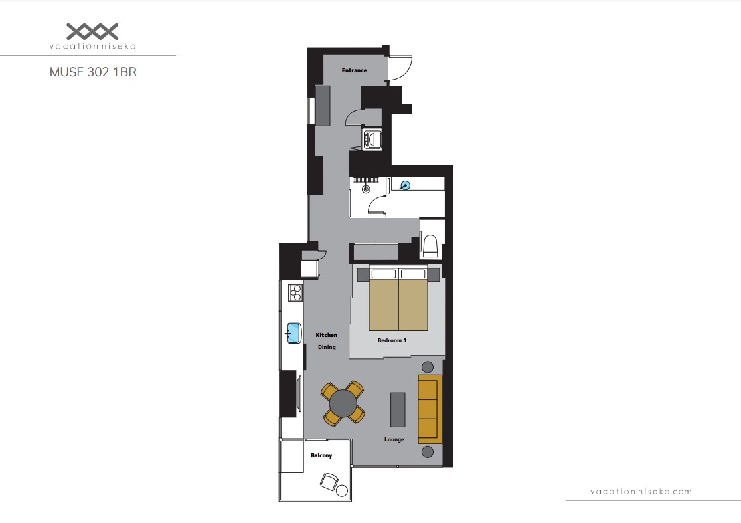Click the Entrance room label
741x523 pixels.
point(354,70)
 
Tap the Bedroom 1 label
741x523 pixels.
point(392,340)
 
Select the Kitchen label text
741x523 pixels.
point(327,335)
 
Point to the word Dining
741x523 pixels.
point(327,347)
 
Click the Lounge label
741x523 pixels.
point(394,439)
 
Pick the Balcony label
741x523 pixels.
point(321,455)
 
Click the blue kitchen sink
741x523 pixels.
point(293,333)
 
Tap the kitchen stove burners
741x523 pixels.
point(295,292)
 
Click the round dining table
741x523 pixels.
point(343,403)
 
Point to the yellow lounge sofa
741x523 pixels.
point(430,409)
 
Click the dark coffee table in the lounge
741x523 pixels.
point(398,409)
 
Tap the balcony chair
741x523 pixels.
point(329,482)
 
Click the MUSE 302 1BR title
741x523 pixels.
point(93,72)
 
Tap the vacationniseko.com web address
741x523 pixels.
point(641,492)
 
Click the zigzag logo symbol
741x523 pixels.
point(92,31)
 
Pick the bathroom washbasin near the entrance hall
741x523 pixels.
point(372,139)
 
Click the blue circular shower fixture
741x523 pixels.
point(405,185)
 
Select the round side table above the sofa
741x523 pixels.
point(427,367)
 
